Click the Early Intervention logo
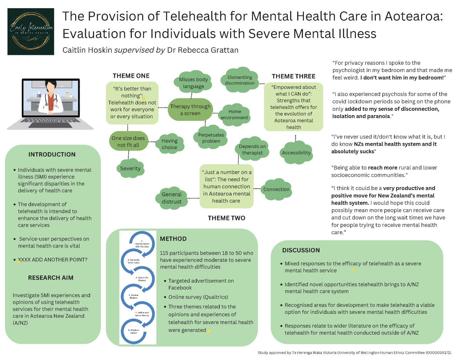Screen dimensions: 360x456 coord(31,32)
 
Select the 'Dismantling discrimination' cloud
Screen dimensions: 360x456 coord(240,80)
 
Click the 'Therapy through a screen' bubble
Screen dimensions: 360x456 coord(190,110)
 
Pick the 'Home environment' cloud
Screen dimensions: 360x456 coord(234,114)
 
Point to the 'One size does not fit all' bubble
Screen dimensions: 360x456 coord(128,142)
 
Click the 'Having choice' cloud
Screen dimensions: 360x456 coord(169,144)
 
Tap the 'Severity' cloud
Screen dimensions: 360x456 coord(130,168)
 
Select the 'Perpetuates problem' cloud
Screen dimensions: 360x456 coord(211,138)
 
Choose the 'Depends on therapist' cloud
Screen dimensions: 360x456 coord(252,149)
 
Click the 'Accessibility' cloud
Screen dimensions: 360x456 coord(296,153)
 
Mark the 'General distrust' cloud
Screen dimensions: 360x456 coord(172,198)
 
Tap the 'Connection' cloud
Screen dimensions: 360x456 coord(276,189)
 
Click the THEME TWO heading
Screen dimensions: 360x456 coord(227,218)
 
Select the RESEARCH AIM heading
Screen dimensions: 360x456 coord(51,278)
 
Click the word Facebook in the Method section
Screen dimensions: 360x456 coord(180,288)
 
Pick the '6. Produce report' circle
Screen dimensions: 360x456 coord(134,331)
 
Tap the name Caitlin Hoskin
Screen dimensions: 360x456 coord(87,50)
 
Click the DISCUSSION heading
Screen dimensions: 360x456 coord(301,250)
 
